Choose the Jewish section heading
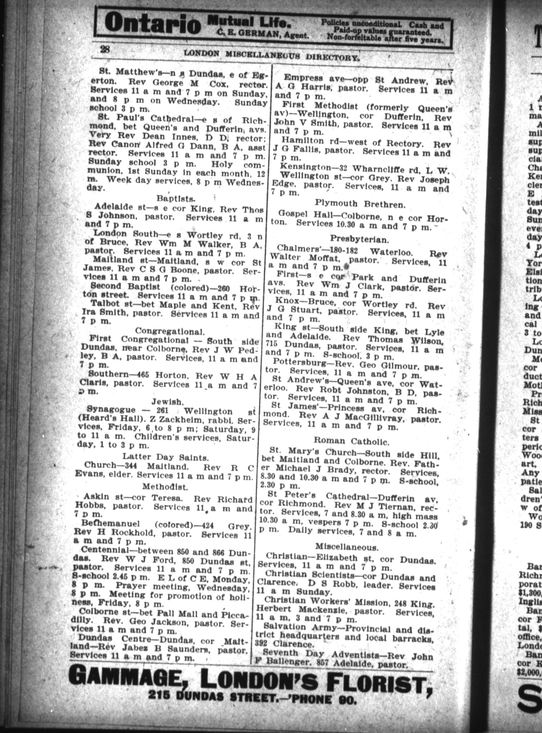pos(167,402)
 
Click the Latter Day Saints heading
pos(165,457)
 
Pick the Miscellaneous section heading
pos(347,546)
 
